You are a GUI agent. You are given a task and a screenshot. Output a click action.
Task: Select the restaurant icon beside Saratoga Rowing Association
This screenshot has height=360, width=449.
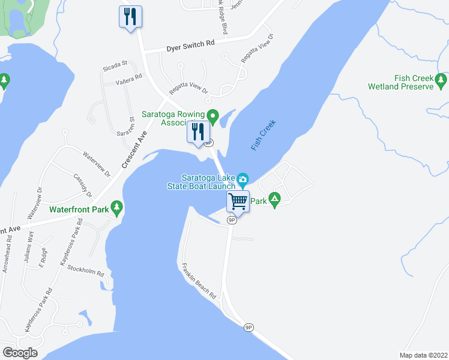pos(198,131)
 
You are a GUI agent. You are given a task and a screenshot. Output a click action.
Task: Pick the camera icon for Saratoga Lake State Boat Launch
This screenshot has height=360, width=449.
pos(243,179)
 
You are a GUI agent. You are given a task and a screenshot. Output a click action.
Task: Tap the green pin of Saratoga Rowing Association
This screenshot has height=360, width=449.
pos(212,115)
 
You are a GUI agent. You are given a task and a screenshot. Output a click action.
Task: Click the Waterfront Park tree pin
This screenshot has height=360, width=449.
pos(117,209)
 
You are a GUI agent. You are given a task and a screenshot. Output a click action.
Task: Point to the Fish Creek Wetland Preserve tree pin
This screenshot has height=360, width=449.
pos(442,79)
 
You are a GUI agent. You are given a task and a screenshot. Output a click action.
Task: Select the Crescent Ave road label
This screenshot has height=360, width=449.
pos(134,152)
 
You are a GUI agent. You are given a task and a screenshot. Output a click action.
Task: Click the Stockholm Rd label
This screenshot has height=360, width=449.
pos(86,271)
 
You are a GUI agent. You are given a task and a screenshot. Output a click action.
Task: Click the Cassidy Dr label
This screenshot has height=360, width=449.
pos(82,185)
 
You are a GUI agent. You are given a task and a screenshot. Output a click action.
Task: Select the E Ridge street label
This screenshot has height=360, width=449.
pos(42,260)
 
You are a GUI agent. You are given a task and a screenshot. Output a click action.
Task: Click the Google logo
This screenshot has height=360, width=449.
pos(20,352)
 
